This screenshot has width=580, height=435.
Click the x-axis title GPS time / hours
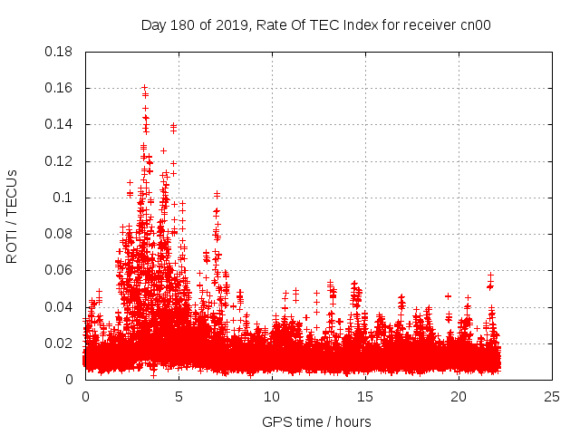[x=316, y=421]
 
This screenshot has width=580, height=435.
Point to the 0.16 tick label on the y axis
[x=58, y=88]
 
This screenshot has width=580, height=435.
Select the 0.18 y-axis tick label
[x=58, y=52]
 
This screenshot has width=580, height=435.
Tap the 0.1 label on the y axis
[x=62, y=198]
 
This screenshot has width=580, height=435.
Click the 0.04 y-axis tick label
[x=58, y=306]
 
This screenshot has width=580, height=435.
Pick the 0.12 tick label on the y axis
[x=58, y=161]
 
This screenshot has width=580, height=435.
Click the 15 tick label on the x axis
[x=365, y=397]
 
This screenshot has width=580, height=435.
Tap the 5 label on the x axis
[x=179, y=397]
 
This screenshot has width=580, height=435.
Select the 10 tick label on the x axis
[x=272, y=397]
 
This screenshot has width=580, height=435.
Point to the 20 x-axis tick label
[x=459, y=397]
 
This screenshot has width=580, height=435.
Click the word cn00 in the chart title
[x=474, y=24]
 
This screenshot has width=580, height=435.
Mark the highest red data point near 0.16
[x=144, y=88]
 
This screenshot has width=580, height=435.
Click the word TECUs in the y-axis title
[x=12, y=194]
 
